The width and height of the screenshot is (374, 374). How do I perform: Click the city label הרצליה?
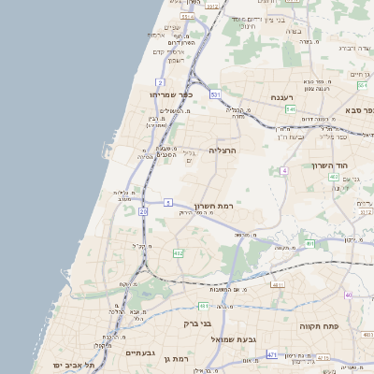[223, 150]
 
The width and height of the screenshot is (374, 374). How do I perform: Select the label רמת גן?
[176, 359]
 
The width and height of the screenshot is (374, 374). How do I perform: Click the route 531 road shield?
[215, 94]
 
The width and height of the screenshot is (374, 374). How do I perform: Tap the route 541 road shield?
[291, 109]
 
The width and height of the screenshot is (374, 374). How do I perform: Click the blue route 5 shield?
[168, 202]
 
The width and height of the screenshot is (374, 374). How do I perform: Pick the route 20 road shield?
[143, 212]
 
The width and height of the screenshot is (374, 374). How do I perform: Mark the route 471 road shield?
[271, 355]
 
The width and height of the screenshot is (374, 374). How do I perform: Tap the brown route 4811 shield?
[276, 283]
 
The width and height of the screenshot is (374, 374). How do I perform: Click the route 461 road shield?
[203, 306]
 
